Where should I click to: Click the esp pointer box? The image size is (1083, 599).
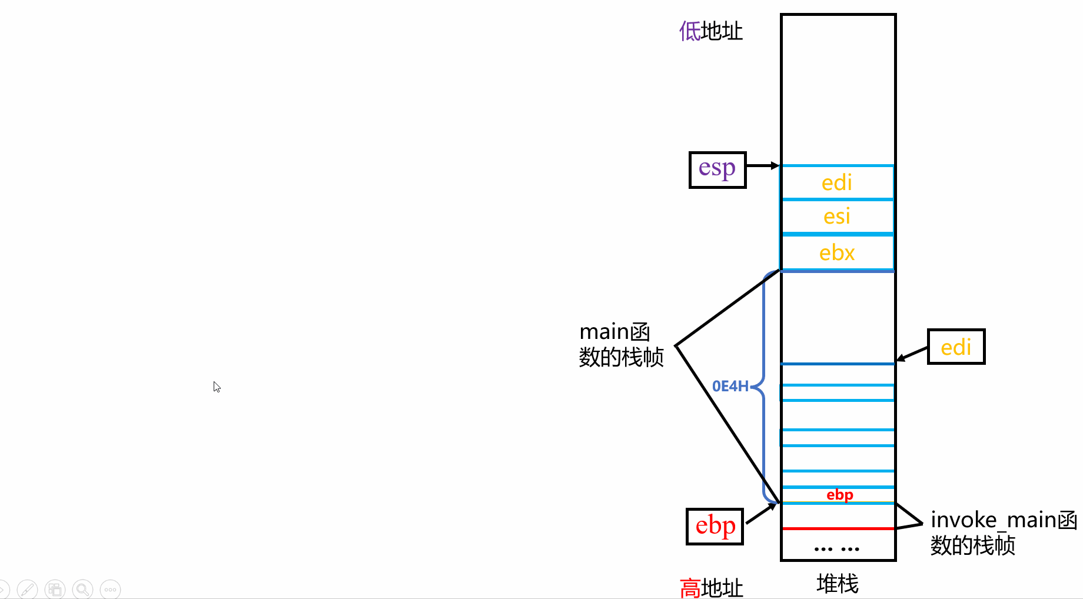tap(717, 170)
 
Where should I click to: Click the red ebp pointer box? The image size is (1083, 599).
tap(715, 526)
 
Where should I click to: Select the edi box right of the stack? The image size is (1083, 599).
tap(956, 347)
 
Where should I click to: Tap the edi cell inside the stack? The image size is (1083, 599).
tap(837, 183)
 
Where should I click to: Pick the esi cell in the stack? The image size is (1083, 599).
tap(837, 217)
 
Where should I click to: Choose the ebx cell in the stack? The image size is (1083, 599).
tap(837, 253)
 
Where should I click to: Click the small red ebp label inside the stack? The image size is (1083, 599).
tap(839, 495)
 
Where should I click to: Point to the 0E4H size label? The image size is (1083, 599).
tap(730, 386)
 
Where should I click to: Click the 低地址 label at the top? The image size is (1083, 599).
tap(711, 31)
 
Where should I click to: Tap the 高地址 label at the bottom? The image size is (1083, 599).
tap(711, 587)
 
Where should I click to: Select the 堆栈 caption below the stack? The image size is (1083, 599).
tap(838, 584)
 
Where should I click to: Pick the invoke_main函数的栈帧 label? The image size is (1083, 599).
tap(1003, 533)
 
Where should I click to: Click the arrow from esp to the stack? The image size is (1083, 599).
tap(763, 166)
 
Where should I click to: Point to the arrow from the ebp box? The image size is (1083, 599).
tap(761, 514)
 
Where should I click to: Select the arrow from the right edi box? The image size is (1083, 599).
tap(912, 354)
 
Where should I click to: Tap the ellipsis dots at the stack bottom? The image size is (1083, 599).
tap(837, 549)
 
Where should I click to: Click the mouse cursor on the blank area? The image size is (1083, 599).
tap(217, 387)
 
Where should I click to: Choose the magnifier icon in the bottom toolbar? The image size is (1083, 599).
tap(83, 589)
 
